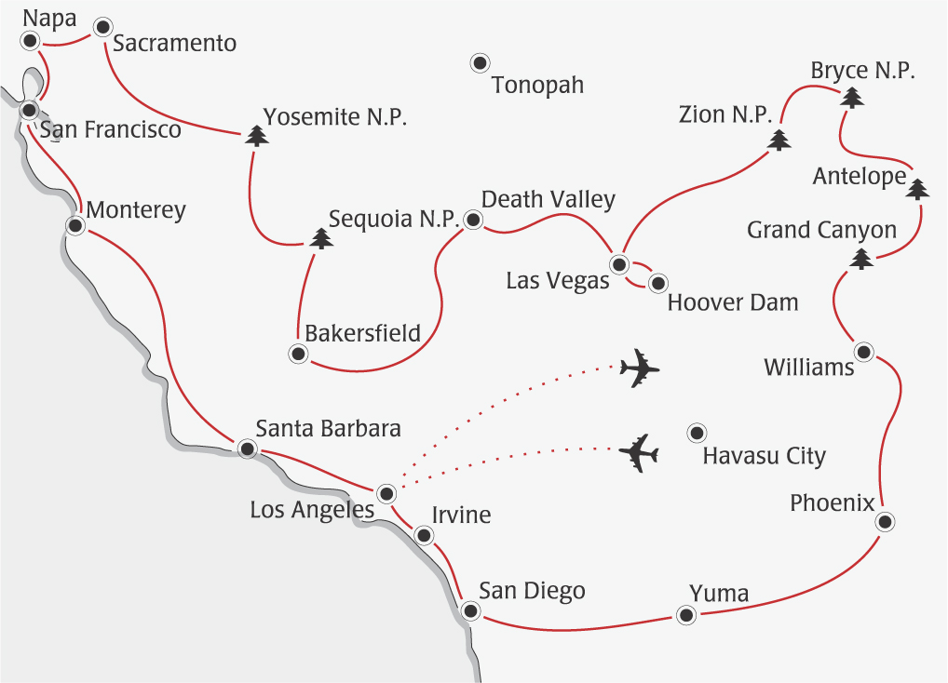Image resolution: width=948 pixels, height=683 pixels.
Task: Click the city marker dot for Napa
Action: click(x=31, y=40)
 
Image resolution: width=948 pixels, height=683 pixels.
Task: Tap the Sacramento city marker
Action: click(x=102, y=27)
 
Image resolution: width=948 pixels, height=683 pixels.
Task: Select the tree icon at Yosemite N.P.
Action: click(x=257, y=137)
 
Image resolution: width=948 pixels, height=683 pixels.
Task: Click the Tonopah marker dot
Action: click(x=479, y=63)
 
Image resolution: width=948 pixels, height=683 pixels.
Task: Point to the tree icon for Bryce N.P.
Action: click(x=850, y=97)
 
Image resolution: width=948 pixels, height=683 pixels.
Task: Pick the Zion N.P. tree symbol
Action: click(x=779, y=140)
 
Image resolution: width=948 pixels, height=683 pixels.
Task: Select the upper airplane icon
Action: click(x=639, y=368)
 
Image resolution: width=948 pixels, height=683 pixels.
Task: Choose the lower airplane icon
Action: click(x=639, y=453)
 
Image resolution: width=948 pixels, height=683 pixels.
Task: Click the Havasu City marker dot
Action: click(x=695, y=432)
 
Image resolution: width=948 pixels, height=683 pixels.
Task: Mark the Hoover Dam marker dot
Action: click(x=657, y=282)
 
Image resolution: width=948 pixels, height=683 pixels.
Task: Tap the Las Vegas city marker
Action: click(x=619, y=264)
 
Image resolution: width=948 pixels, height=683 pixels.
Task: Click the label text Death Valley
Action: click(x=548, y=199)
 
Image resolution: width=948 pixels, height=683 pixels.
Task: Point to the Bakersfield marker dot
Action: click(x=298, y=354)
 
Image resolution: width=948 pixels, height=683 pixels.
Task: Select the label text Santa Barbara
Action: click(x=328, y=429)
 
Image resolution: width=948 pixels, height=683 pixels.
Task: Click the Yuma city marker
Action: click(x=686, y=614)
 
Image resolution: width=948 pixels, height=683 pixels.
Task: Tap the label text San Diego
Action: click(x=532, y=591)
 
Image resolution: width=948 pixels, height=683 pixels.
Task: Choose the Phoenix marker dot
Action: click(x=885, y=521)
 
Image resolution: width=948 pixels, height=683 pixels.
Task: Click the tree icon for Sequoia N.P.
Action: click(x=321, y=238)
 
